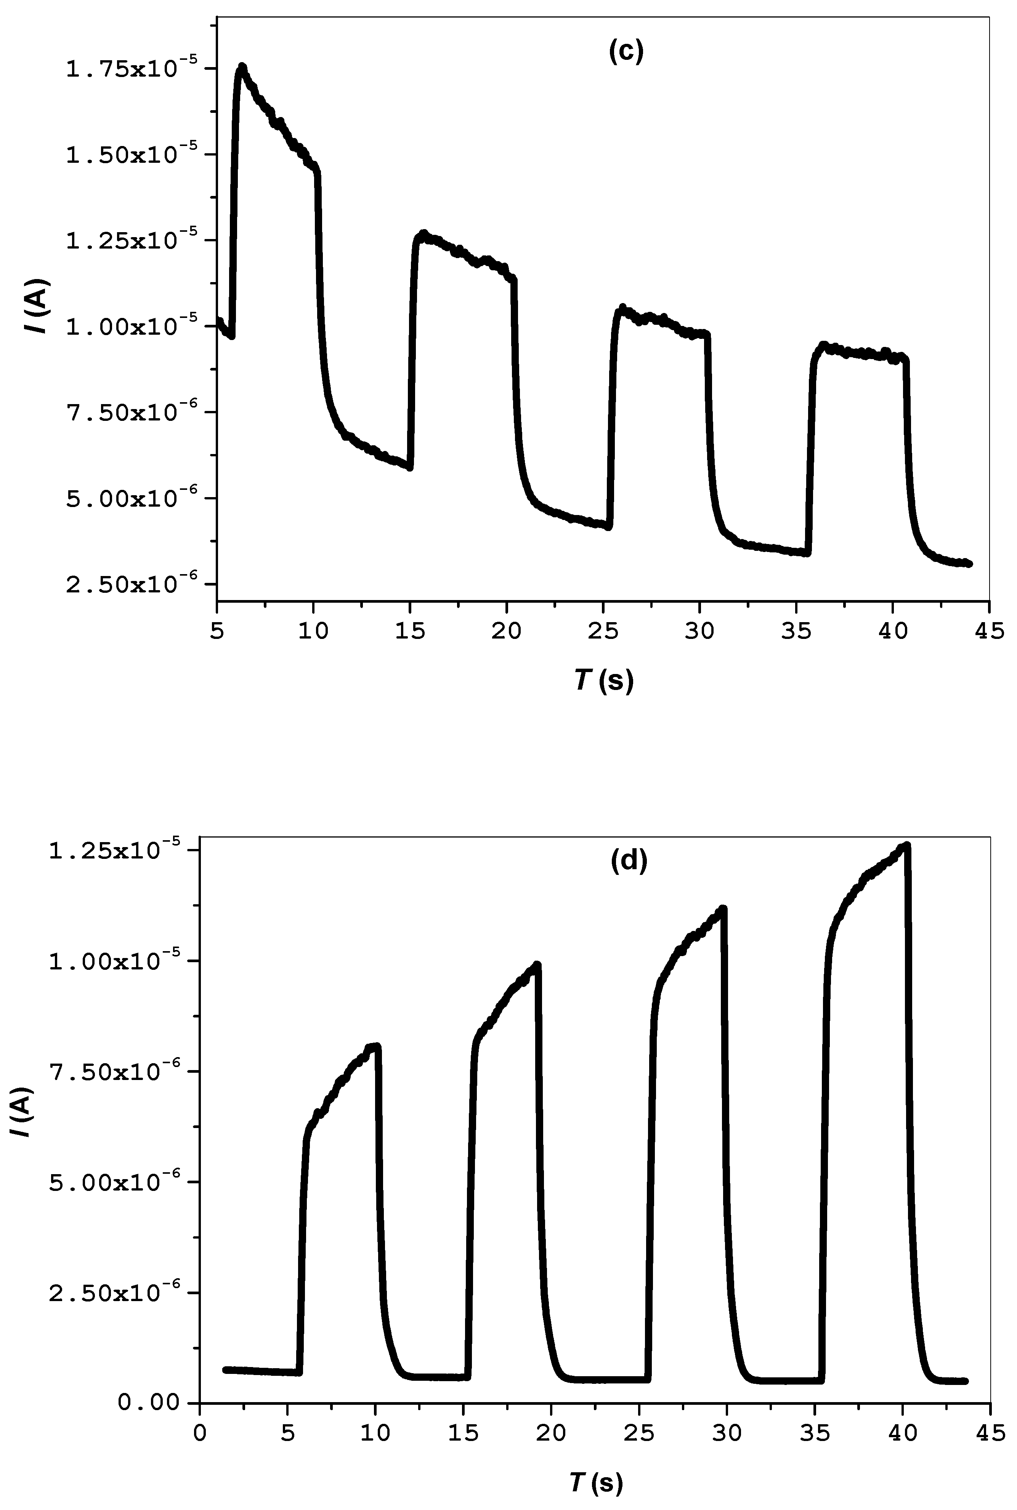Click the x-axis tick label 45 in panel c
coord(988,631)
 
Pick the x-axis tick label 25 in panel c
coord(603,631)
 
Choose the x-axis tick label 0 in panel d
coord(200,1433)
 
